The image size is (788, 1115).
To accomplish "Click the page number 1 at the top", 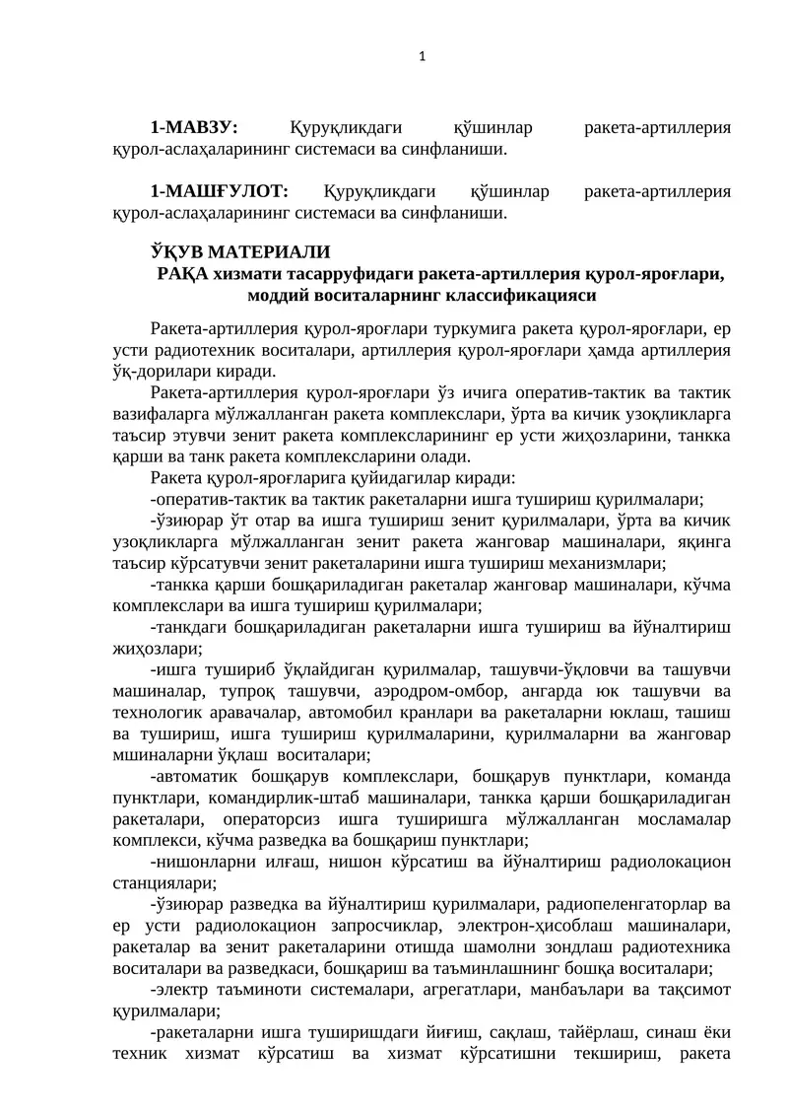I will (x=422, y=56).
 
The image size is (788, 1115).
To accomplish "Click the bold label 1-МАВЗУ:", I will (x=195, y=128).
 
